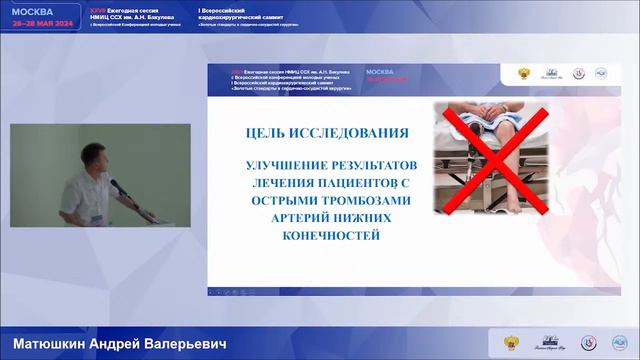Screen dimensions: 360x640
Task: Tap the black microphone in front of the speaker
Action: coord(117,187)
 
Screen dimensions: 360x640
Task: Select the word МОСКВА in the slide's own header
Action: coord(380,73)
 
